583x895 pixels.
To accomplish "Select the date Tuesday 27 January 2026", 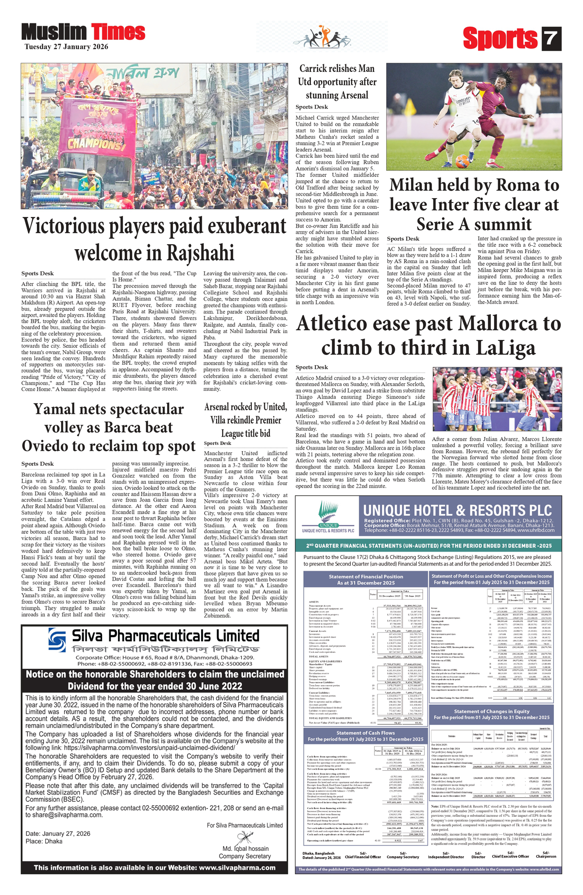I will coord(67,47).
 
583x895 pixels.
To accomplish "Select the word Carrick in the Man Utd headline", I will coord(316,68).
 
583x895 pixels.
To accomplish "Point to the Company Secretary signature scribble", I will coord(243,839).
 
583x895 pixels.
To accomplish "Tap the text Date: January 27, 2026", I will coord(58,834).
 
